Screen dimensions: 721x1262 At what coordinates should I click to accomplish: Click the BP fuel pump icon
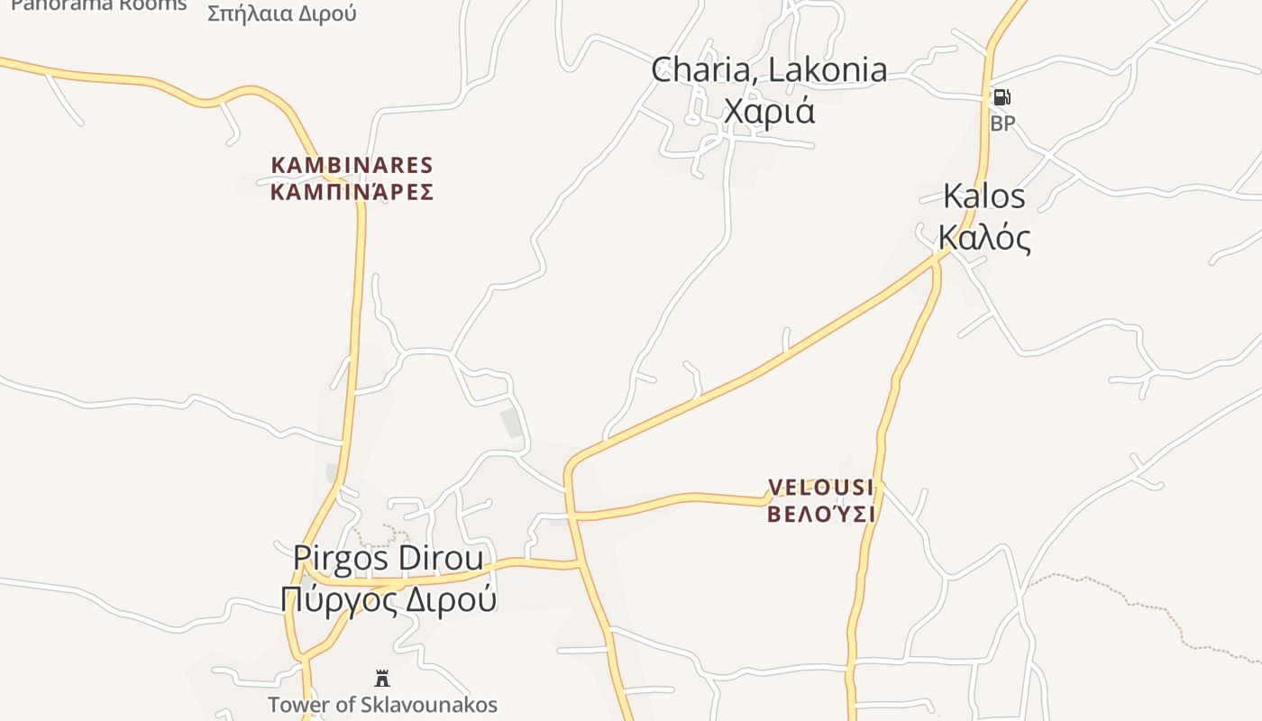pyautogui.click(x=1001, y=97)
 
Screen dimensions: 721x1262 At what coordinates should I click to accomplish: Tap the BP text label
pyautogui.click(x=1002, y=123)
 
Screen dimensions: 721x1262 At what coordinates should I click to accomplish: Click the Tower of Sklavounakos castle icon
pyautogui.click(x=382, y=678)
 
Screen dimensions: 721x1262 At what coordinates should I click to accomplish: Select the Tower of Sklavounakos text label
pyautogui.click(x=382, y=705)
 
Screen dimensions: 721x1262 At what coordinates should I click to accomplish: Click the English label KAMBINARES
pyautogui.click(x=352, y=166)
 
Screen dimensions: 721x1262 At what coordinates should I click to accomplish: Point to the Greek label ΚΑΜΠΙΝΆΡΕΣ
pyautogui.click(x=352, y=192)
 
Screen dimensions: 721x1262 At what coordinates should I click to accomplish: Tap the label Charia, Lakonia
pyautogui.click(x=769, y=70)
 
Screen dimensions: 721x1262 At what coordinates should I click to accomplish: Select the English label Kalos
pyautogui.click(x=984, y=196)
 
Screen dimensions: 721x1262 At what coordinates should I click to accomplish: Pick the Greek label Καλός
pyautogui.click(x=984, y=237)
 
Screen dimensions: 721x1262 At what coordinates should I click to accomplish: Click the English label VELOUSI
pyautogui.click(x=820, y=488)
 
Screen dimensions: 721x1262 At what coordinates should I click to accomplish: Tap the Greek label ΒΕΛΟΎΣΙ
pyautogui.click(x=821, y=515)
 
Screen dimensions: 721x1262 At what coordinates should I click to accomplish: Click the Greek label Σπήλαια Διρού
pyautogui.click(x=282, y=13)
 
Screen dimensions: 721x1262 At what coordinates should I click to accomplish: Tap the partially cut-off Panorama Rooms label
pyautogui.click(x=99, y=5)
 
